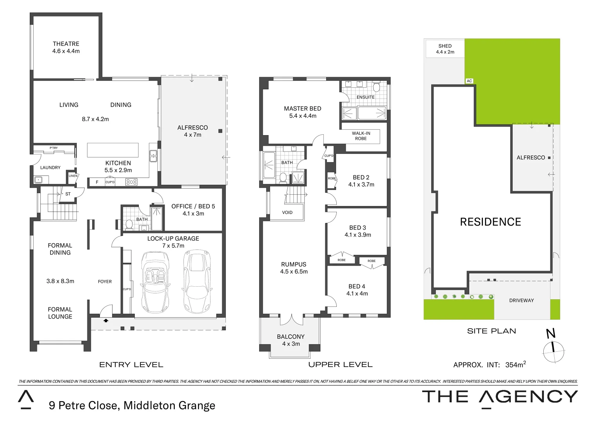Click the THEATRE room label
[66, 44]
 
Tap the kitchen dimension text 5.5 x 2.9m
[118, 170]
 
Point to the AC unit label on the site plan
[469, 81]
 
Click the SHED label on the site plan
[445, 46]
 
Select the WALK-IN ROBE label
[361, 136]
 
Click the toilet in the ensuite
[377, 87]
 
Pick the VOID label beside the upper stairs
[287, 213]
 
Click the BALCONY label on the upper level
[290, 337]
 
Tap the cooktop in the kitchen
[131, 182]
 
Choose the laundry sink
[38, 180]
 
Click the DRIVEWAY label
[521, 300]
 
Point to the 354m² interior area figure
[515, 365]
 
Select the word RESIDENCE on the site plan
[490, 222]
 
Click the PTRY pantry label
[54, 148]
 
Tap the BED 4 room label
[357, 286]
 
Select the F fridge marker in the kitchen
[97, 182]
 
